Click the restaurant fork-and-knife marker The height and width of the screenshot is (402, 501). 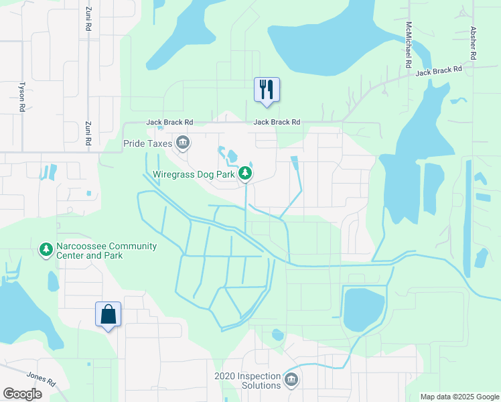coord(267,90)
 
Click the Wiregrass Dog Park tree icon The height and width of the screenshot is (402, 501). coord(246,174)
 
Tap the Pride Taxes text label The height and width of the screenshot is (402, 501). coord(147,143)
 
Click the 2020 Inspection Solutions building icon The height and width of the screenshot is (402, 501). coord(291,380)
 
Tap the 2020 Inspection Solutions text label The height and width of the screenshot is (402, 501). coord(248,381)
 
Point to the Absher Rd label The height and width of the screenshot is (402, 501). coord(473,44)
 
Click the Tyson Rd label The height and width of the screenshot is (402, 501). coord(22,97)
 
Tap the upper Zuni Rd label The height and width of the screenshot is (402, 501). coord(88,18)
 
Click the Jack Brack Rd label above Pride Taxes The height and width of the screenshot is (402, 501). coord(170,123)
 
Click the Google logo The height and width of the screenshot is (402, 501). coord(23,393)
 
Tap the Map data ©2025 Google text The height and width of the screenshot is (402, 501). coord(459,397)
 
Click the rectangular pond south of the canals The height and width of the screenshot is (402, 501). coord(362,310)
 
